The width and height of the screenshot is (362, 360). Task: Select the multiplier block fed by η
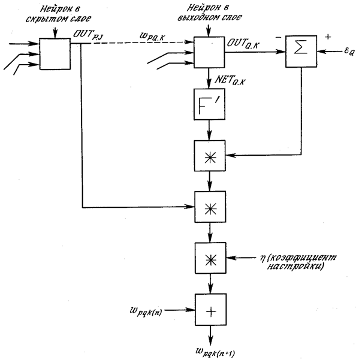click(207, 258)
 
